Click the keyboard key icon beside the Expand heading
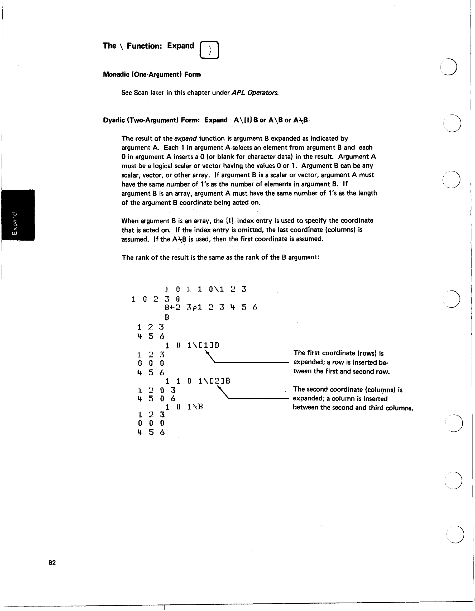coord(209,50)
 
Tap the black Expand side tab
coord(18,215)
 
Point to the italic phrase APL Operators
coord(255,93)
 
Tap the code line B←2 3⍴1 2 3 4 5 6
coord(211,307)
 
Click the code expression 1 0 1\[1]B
coord(192,346)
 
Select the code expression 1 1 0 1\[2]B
coord(198,381)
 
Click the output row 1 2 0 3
coord(156,390)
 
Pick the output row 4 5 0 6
coord(156,399)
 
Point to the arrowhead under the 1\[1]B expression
coord(207,353)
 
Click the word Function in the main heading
coord(144,46)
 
